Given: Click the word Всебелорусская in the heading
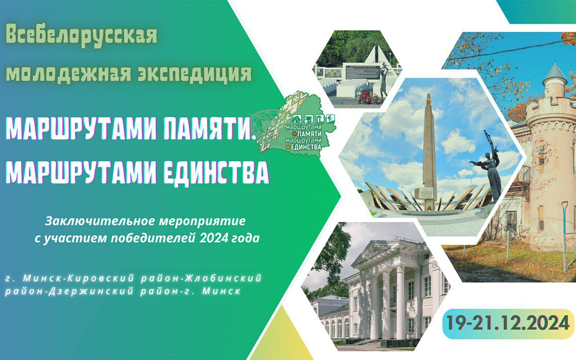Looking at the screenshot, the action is pyautogui.click(x=81, y=36).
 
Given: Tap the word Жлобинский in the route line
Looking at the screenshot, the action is pyautogui.click(x=223, y=278).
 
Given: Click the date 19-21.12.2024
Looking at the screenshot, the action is pyautogui.click(x=508, y=323).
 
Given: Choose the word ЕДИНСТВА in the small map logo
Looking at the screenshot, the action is pyautogui.click(x=306, y=147).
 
